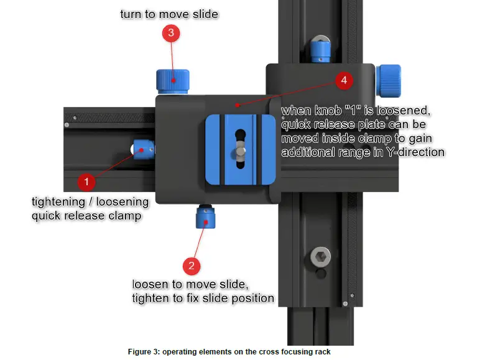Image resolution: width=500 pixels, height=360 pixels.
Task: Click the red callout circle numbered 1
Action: [x=86, y=182]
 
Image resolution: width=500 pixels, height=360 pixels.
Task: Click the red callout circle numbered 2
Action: [x=191, y=266]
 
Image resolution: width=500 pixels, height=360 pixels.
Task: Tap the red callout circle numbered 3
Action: [x=171, y=33]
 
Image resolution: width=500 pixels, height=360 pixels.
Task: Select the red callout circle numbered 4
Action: [x=343, y=80]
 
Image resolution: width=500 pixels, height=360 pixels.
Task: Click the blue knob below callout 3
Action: [x=172, y=81]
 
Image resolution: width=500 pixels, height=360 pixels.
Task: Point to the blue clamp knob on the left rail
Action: [x=144, y=149]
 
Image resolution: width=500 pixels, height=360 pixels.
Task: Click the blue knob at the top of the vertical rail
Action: [x=320, y=47]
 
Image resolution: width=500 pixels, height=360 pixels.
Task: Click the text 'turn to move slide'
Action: [x=169, y=14]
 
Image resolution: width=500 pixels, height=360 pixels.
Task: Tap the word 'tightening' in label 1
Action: [x=58, y=202]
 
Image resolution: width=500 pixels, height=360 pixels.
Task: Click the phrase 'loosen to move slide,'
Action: [x=190, y=284]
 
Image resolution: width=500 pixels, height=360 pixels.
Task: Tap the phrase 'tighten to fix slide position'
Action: [x=203, y=298]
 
